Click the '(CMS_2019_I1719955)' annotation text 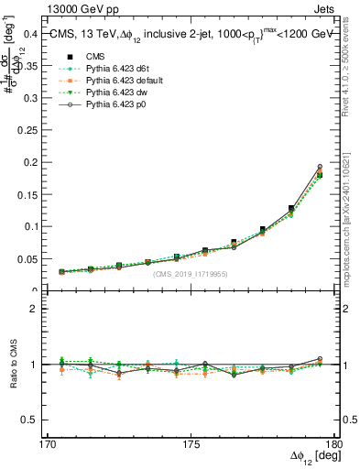(191, 274)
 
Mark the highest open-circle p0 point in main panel (320, 167)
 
